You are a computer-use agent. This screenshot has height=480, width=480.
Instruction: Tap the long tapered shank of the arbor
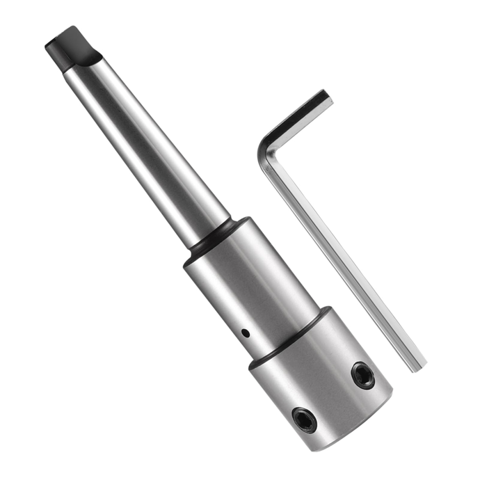tap(145, 145)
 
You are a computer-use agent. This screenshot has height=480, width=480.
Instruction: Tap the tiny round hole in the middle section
tap(246, 333)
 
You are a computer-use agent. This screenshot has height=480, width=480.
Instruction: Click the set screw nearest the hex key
tap(363, 375)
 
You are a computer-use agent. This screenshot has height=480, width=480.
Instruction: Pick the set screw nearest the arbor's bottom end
tap(304, 419)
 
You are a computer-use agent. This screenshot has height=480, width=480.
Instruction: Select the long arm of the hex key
tap(344, 262)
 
